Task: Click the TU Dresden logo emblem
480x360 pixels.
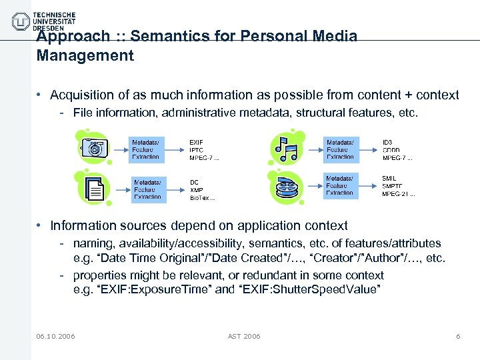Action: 21,21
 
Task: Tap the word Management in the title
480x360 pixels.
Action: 85,55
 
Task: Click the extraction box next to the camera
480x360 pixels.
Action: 146,149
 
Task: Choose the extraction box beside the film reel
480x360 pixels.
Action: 341,186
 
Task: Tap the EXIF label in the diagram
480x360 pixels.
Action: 197,143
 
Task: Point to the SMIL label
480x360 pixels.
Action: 389,179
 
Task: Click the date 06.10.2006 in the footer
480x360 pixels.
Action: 56,336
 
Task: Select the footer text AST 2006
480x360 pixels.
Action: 244,336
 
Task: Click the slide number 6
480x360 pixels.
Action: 458,336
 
